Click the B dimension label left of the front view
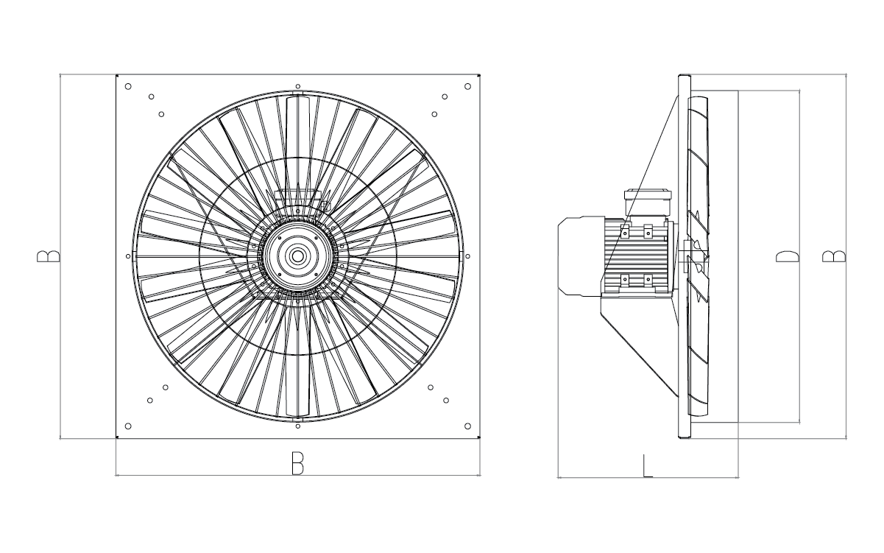(49, 256)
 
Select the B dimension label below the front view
(297, 463)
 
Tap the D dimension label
(787, 256)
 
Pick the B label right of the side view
(833, 256)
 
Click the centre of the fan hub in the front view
(297, 256)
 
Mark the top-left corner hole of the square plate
(128, 86)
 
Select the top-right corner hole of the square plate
(467, 86)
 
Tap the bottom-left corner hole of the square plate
(128, 426)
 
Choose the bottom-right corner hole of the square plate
(467, 426)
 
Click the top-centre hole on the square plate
(297, 86)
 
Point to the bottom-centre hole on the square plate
(297, 426)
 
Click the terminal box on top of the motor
(648, 201)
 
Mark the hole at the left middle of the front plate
(128, 256)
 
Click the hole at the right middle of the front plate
(467, 256)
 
